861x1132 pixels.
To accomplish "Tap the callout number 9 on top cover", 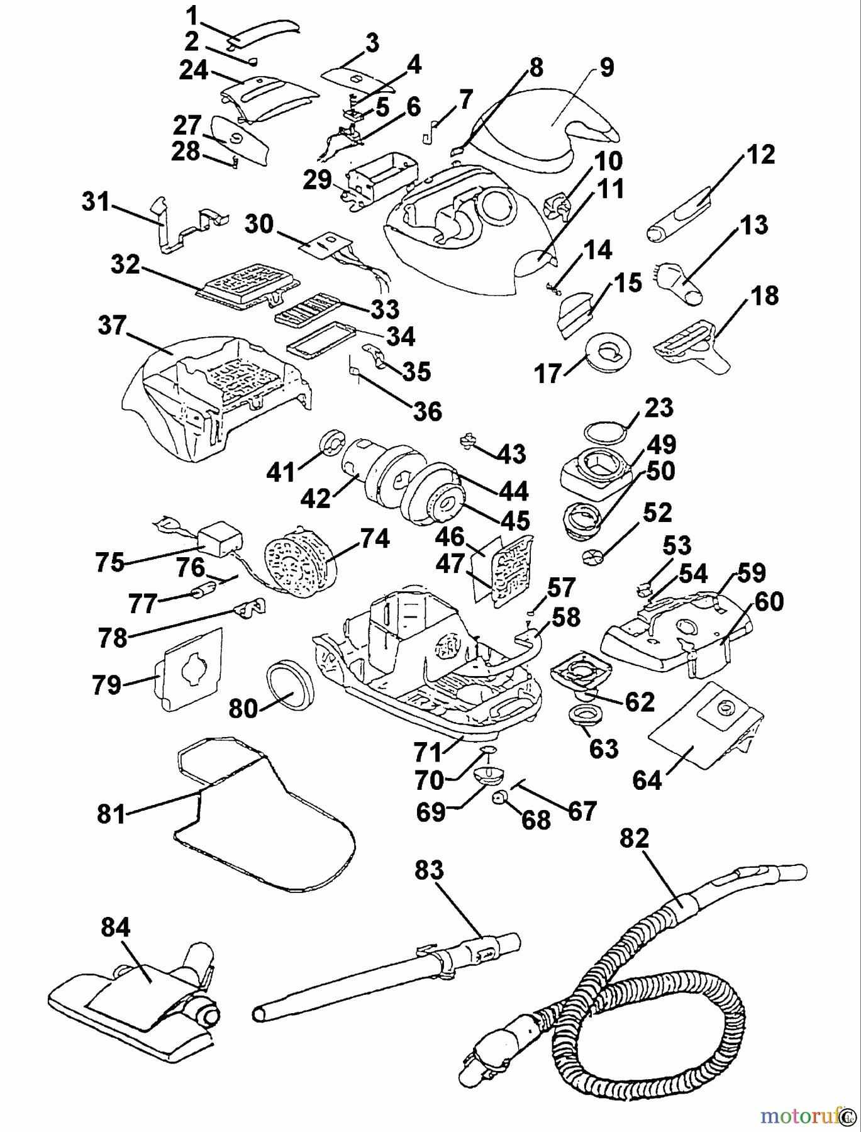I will point(606,68).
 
